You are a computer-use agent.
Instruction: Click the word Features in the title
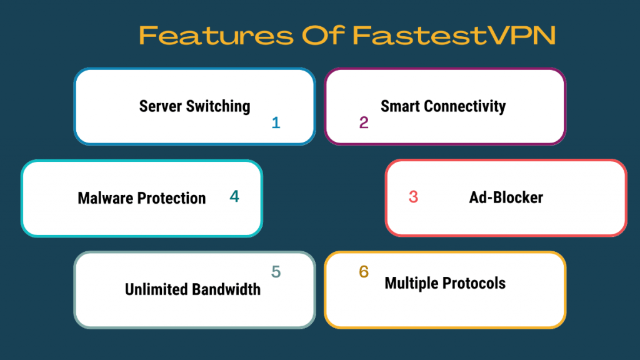[216, 35]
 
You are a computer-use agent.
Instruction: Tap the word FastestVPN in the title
[454, 35]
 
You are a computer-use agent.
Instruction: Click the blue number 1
[276, 122]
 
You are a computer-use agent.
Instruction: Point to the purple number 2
[364, 122]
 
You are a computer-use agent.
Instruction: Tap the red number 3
[414, 197]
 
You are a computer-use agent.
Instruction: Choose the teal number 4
[234, 196]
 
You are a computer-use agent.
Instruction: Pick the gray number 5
[276, 271]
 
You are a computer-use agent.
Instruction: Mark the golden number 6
[364, 271]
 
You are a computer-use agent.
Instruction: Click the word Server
[161, 106]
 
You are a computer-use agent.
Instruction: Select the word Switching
[218, 106]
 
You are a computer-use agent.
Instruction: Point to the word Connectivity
[465, 106]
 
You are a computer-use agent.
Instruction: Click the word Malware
[105, 198]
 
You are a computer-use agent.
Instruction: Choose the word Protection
[171, 198]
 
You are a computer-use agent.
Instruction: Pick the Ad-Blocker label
[506, 197]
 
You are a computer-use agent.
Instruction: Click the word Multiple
[411, 283]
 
